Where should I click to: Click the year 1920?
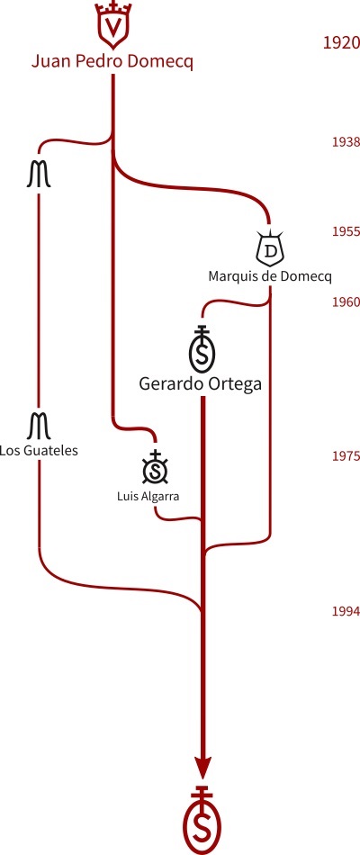pyautogui.click(x=341, y=42)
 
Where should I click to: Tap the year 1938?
pyautogui.click(x=346, y=142)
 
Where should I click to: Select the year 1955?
pyautogui.click(x=346, y=231)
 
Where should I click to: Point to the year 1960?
pyautogui.click(x=346, y=302)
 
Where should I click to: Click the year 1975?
pyautogui.click(x=346, y=456)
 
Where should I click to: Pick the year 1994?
pyautogui.click(x=346, y=611)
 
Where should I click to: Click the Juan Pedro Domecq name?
pyautogui.click(x=112, y=62)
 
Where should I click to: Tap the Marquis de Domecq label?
pyautogui.click(x=269, y=276)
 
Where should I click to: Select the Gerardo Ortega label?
pyautogui.click(x=200, y=384)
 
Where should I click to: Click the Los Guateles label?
pyautogui.click(x=39, y=451)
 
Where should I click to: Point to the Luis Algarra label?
pyautogui.click(x=148, y=496)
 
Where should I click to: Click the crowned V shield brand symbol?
pyautogui.click(x=112, y=25)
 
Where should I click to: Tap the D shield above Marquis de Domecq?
pyautogui.click(x=270, y=248)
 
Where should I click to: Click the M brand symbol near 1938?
pyautogui.click(x=39, y=175)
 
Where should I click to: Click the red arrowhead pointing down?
pyautogui.click(x=202, y=769)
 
